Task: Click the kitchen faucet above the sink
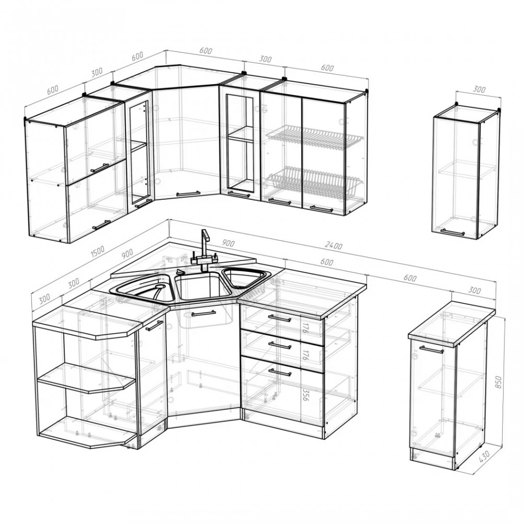coord(204,250)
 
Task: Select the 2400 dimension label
coord(333,246)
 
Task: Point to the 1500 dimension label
coord(97,250)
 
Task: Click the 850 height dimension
coord(498,382)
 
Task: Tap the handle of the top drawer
coord(280,318)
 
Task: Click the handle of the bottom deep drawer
coord(280,372)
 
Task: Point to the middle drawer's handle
coord(280,345)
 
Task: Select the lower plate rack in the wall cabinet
coord(313,183)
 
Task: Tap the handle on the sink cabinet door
coord(203,313)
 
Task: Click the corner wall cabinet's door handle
coord(188,193)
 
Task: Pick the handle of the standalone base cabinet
coord(431,349)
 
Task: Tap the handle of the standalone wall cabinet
coord(452,232)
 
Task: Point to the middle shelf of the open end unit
coord(86,378)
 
